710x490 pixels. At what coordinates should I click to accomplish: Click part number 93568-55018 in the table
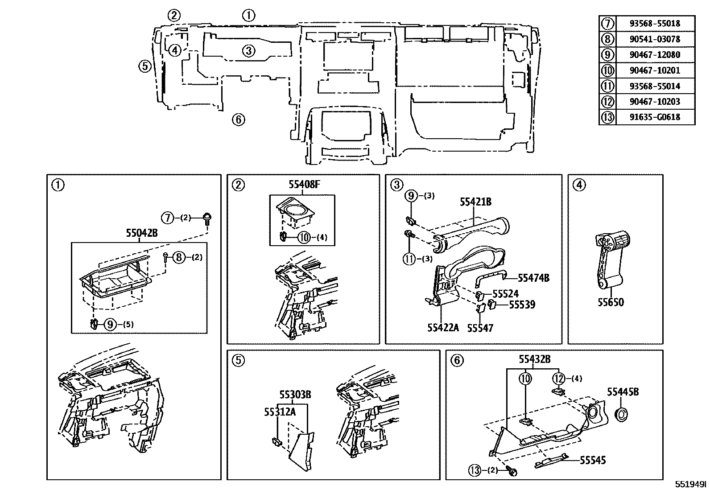[x=655, y=23]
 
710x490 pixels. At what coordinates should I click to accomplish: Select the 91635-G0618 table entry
[x=655, y=117]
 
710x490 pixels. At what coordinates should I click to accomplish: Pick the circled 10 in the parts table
[x=607, y=70]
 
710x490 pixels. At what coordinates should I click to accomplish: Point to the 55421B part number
[x=475, y=202]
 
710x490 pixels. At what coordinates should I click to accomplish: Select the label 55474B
[x=533, y=278]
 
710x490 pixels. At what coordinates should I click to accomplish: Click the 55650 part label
[x=611, y=302]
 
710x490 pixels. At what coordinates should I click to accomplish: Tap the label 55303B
[x=295, y=395]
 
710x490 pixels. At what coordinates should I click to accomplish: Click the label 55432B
[x=534, y=359]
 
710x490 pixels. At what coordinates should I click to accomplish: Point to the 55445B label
[x=623, y=391]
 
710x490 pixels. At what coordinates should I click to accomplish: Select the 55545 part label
[x=593, y=460]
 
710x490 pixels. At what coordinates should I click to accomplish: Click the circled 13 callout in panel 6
[x=475, y=470]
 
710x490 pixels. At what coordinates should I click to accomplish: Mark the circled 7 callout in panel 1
[x=167, y=218]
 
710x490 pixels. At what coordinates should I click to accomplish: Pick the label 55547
[x=480, y=328]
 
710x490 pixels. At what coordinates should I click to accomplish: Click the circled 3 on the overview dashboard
[x=249, y=50]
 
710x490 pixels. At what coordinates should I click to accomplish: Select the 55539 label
[x=522, y=305]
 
